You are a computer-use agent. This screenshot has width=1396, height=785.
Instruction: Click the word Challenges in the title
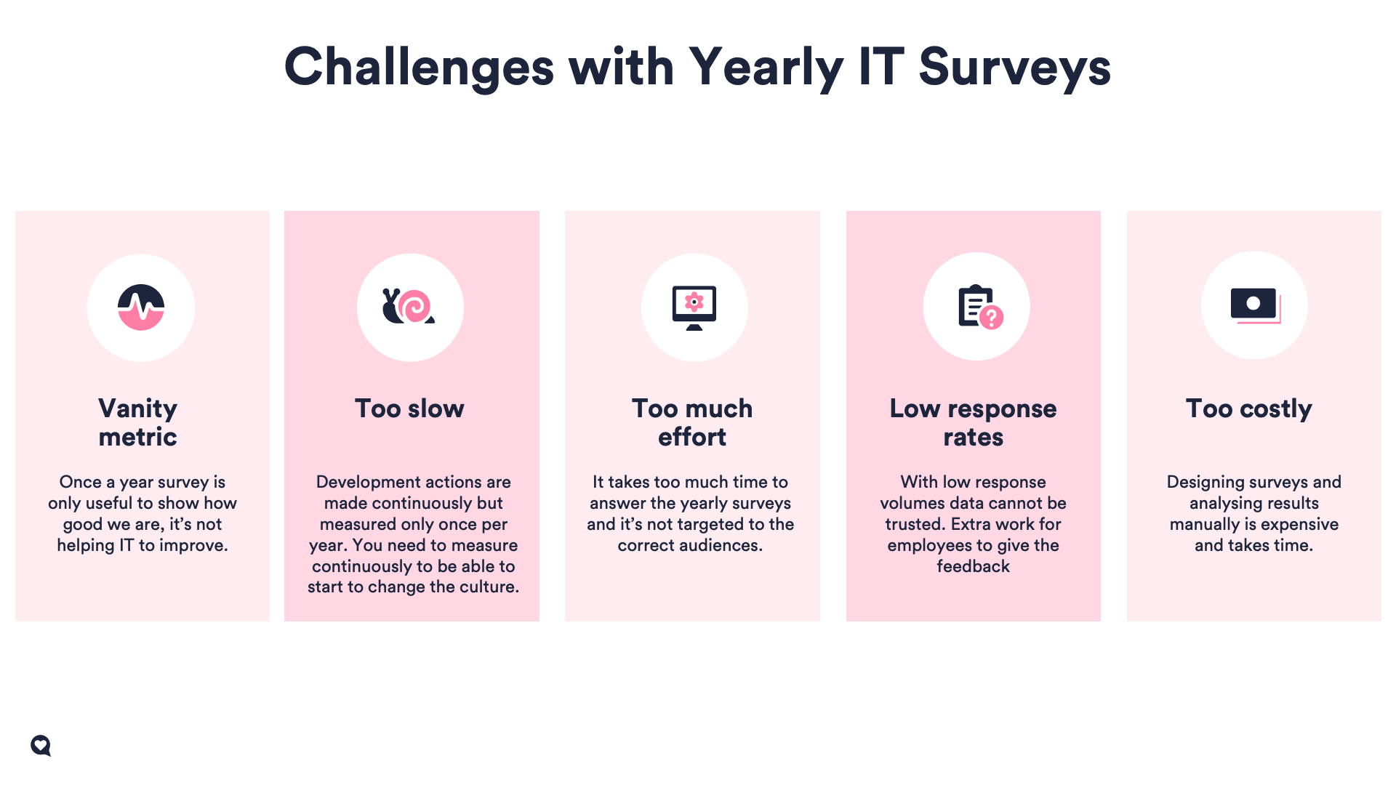[x=420, y=67]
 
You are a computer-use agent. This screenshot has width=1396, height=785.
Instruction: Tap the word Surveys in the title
[x=1015, y=67]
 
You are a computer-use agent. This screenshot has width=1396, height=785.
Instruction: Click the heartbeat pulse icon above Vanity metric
[x=141, y=307]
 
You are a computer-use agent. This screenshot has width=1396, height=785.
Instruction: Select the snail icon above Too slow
[x=409, y=306]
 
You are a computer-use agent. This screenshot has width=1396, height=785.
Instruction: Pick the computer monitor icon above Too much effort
[x=694, y=307]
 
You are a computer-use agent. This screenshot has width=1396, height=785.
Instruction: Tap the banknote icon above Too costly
[x=1255, y=305]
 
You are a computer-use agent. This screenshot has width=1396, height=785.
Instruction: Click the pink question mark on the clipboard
[x=991, y=317]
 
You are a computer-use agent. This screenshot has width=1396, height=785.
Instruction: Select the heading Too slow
[x=409, y=408]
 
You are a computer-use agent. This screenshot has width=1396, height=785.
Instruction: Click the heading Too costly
[x=1249, y=408]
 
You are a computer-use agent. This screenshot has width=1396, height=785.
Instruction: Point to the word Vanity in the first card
[x=138, y=408]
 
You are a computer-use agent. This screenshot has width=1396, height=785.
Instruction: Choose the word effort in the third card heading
[x=692, y=437]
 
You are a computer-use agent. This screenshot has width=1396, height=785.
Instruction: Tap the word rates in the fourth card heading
[x=974, y=437]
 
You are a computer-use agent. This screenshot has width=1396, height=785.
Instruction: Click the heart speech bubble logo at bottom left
[x=41, y=746]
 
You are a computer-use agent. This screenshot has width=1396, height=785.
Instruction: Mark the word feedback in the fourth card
[x=974, y=566]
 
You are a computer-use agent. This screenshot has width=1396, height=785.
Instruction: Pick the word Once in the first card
[x=79, y=482]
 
